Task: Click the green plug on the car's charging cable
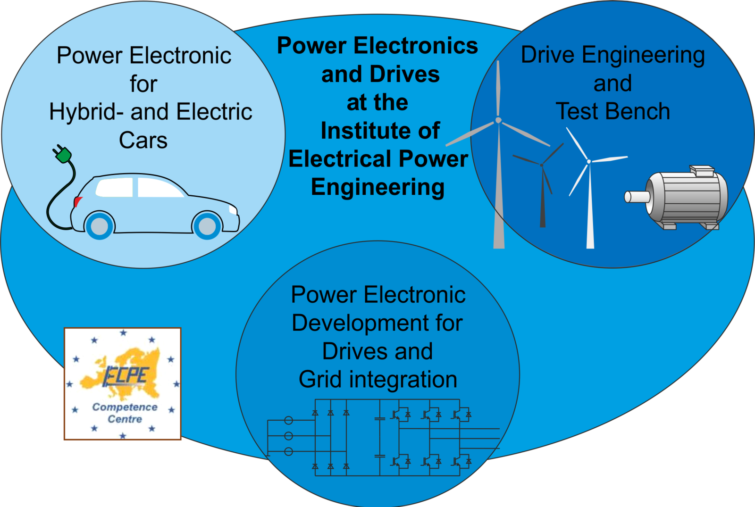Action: pyautogui.click(x=63, y=154)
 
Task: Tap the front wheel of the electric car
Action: pyautogui.click(x=207, y=226)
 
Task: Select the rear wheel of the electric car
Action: pyautogui.click(x=100, y=226)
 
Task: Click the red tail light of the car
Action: pyautogui.click(x=77, y=202)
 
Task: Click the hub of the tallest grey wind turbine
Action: pyautogui.click(x=498, y=121)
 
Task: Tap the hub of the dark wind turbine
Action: pyautogui.click(x=542, y=165)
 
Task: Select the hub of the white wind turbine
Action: pyautogui.click(x=589, y=162)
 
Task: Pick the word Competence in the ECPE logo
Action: pyautogui.click(x=125, y=407)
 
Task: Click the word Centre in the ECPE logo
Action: pyautogui.click(x=125, y=419)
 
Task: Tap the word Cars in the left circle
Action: pyautogui.click(x=143, y=140)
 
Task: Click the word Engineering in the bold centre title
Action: pyautogui.click(x=377, y=187)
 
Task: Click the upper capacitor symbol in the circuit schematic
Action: pyautogui.click(x=379, y=418)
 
